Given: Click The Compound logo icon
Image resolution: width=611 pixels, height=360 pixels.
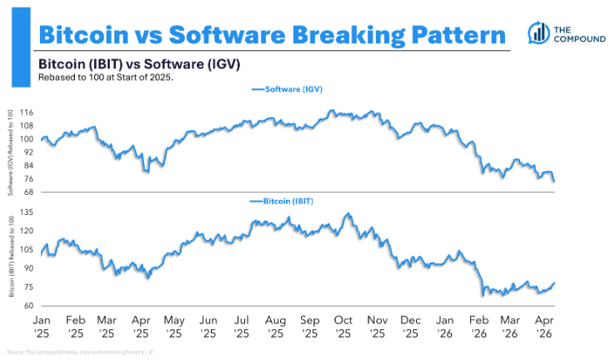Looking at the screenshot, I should (538, 32).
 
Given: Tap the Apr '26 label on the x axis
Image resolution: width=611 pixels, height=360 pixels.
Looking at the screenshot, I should (544, 324).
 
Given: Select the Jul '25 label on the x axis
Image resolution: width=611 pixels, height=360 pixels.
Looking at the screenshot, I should (242, 324).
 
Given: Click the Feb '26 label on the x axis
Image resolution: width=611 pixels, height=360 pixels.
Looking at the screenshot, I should (478, 324).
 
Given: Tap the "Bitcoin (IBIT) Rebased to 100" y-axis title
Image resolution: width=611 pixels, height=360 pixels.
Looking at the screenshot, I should (12, 256).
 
